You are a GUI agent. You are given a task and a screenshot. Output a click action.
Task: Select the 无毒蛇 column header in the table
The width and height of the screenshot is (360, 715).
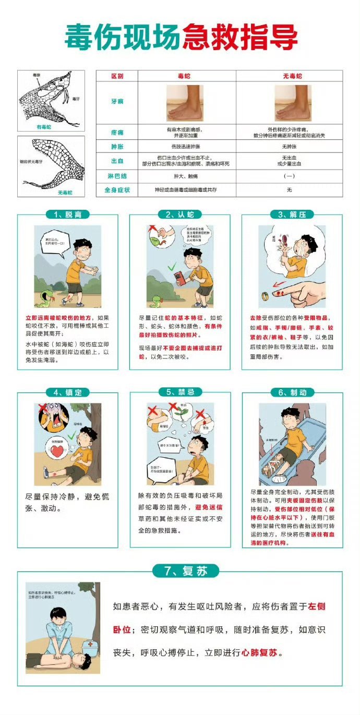click(x=289, y=76)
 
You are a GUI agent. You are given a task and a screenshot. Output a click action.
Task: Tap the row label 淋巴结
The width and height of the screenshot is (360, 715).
click(x=117, y=176)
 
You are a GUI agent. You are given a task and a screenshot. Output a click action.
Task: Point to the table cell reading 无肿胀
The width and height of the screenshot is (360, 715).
click(x=289, y=147)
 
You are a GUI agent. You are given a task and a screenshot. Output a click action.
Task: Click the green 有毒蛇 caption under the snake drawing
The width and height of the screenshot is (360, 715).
click(x=43, y=127)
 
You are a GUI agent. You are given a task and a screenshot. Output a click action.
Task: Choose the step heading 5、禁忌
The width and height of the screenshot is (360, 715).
click(x=180, y=392)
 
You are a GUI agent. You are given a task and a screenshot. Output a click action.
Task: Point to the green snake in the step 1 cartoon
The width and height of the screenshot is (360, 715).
click(x=46, y=298)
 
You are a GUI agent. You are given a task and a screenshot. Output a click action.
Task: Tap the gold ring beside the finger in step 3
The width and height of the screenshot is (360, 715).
click(x=265, y=296)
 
